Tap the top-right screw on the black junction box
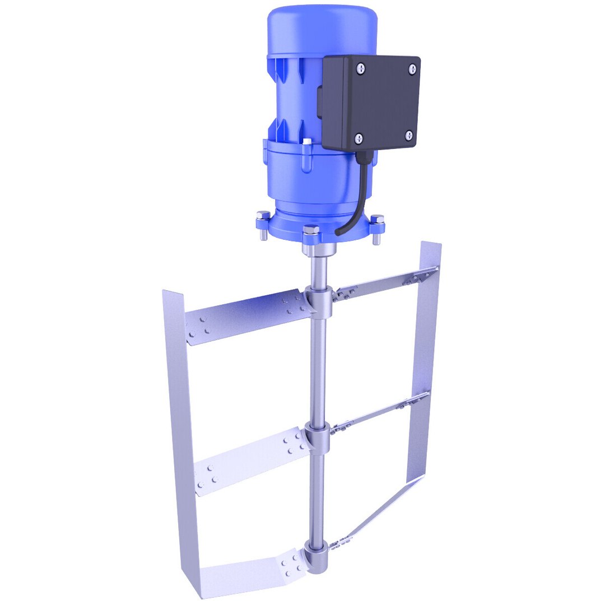click(412, 68)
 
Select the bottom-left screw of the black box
click(359, 137)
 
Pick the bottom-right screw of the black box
click(409, 134)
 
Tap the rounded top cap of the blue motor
click(322, 28)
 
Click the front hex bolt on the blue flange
click(311, 230)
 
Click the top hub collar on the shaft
click(319, 300)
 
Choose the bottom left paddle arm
click(252, 574)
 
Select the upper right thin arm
click(387, 282)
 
